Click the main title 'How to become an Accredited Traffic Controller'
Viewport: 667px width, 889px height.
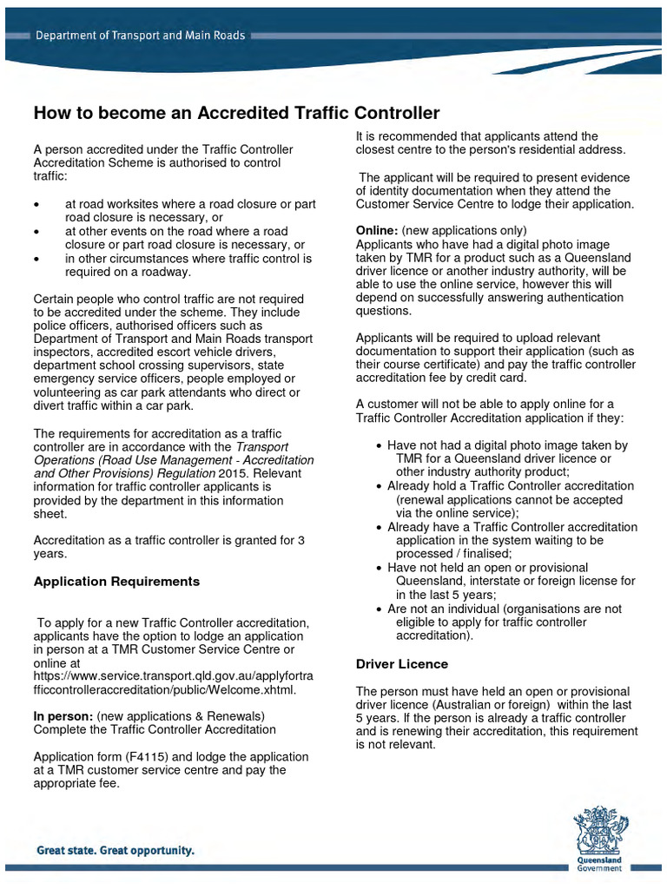[x=236, y=113]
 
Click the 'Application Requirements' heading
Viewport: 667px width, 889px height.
[x=116, y=582]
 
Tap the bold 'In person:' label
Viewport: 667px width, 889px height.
[x=63, y=716]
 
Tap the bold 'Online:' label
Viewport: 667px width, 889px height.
[x=377, y=231]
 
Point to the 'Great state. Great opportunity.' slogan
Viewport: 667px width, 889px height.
[x=115, y=852]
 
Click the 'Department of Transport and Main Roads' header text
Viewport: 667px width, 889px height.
[x=140, y=36]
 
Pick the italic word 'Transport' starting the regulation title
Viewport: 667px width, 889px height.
[x=263, y=446]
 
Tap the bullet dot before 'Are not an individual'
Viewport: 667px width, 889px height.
[x=380, y=609]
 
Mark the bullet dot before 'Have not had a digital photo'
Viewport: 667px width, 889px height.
[x=380, y=445]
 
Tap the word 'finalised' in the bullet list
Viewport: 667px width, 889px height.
[x=483, y=554]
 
